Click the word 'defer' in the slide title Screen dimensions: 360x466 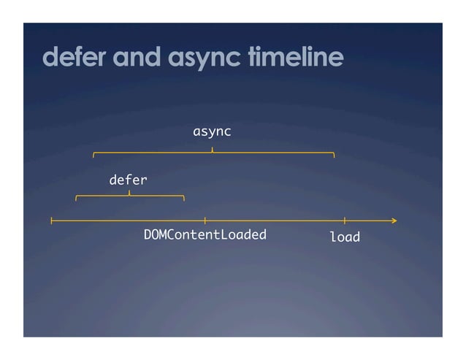coord(70,57)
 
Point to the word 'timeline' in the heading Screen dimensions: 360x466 coord(294,57)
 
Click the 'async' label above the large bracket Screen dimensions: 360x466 coord(212,131)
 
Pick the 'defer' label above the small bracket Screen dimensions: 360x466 coord(128,179)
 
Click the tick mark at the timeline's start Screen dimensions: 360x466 coord(51,220)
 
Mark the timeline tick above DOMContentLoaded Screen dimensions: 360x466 coord(205,220)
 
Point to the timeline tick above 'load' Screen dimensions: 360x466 coord(344,220)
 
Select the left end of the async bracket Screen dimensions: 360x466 coord(93,155)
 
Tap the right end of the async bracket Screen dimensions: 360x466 coord(334,155)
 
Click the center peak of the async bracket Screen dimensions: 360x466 coord(213,149)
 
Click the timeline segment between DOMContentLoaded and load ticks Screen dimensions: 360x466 coord(274,220)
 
